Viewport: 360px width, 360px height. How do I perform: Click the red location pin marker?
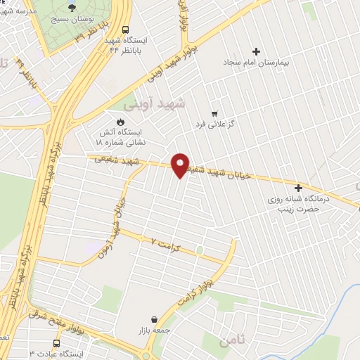(181, 165)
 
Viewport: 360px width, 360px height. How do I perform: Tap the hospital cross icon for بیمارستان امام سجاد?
(255, 51)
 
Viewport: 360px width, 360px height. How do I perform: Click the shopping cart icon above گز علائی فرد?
(214, 112)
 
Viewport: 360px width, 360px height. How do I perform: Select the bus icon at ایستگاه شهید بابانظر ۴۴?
(124, 30)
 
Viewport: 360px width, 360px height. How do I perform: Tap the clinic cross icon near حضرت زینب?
(299, 188)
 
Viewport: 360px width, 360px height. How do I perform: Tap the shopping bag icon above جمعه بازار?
(144, 319)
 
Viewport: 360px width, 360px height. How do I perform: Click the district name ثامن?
(233, 342)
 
